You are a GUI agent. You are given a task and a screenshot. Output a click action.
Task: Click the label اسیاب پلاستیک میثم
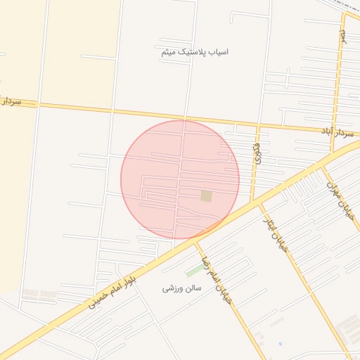pyautogui.click(x=194, y=51)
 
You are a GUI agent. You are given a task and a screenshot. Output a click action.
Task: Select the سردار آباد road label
pyautogui.click(x=337, y=131)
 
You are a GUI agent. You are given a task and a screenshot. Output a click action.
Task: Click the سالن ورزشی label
pyautogui.click(x=182, y=288)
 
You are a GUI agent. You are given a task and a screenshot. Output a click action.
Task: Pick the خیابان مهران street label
pyautogui.click(x=338, y=201)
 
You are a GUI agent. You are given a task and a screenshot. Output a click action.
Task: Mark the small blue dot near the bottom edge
pyautogui.click(x=279, y=345)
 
